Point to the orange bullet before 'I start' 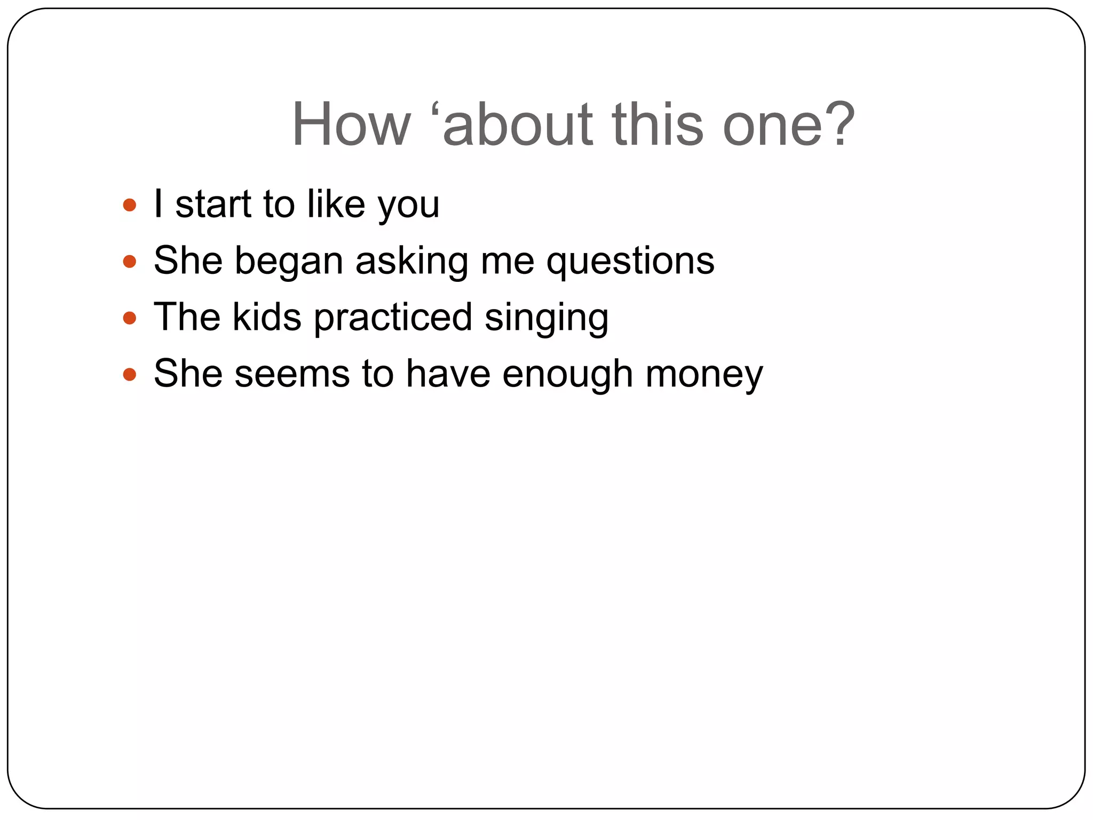pos(130,205)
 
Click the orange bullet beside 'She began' pos(130,262)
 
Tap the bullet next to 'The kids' pos(130,318)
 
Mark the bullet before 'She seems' pos(130,374)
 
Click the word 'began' pos(289,262)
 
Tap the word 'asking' pos(411,262)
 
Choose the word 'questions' pos(630,262)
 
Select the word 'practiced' pos(393,318)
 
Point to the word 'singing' pos(546,318)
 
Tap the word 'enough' pos(567,375)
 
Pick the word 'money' pos(704,375)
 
